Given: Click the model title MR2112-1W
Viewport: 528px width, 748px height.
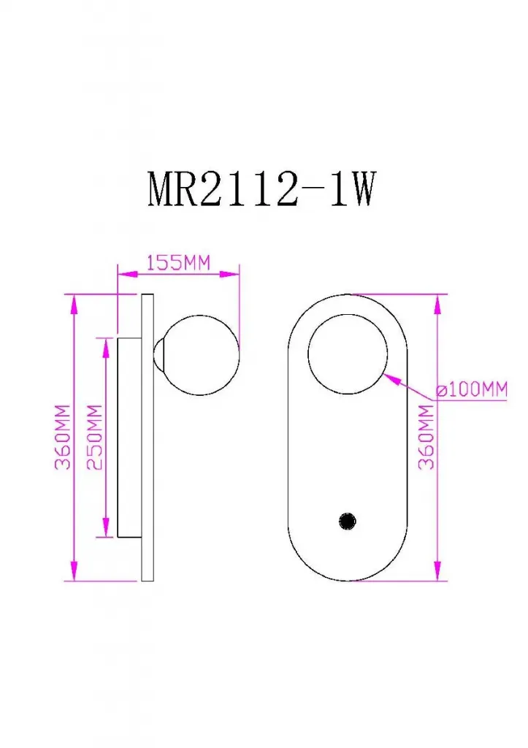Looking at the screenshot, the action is [x=262, y=189].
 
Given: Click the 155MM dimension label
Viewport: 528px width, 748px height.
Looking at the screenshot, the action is [x=178, y=263].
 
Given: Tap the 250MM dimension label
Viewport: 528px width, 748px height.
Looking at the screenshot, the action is [x=95, y=437].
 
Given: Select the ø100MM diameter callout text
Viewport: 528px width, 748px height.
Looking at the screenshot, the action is [x=472, y=390].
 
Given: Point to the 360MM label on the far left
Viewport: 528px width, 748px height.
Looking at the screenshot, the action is [x=63, y=437].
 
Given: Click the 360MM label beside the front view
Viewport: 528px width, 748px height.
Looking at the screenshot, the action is [x=426, y=437].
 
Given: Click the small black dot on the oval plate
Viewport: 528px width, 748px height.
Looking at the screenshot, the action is [x=347, y=520].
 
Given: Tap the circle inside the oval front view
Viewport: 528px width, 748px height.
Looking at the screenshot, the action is [x=348, y=354].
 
